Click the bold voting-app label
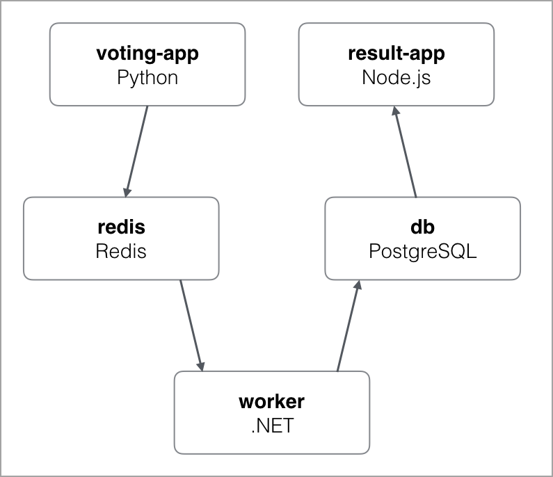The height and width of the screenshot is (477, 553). coord(147,54)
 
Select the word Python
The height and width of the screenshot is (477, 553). coord(147,77)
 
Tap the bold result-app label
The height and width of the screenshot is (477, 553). coord(396,54)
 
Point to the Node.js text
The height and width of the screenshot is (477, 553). coord(396,77)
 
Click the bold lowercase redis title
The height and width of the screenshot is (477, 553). coord(120,227)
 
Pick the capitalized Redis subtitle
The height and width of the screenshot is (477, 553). coord(120,250)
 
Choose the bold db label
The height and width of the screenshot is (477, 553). coord(422,227)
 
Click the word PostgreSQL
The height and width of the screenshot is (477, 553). coord(422,250)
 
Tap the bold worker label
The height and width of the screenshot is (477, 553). coord(271,401)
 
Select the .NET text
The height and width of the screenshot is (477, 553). coord(271,425)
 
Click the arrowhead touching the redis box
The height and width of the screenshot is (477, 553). coord(127,190)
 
